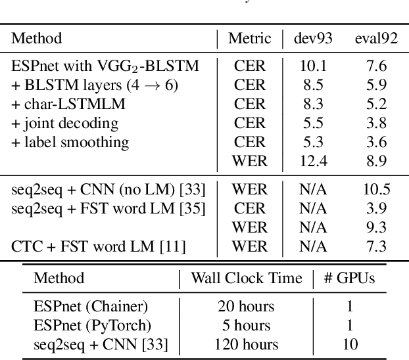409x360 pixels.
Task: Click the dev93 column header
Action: coord(312,39)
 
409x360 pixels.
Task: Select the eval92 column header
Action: coord(375,39)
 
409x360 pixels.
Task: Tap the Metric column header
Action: coord(249,39)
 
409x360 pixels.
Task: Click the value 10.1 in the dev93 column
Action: coord(312,66)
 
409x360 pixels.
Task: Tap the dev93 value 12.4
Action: coord(312,161)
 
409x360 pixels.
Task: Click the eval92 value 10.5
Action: coord(376,190)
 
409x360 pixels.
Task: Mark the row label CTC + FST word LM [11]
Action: coord(98,247)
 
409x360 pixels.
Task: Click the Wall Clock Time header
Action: coord(246,278)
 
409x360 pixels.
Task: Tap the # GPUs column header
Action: coord(349,278)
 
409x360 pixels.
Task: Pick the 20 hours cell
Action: coord(246,306)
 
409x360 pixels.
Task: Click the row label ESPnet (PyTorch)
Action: coord(93,325)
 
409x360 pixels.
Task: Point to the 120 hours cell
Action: coord(246,344)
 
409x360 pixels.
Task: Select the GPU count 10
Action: coord(349,344)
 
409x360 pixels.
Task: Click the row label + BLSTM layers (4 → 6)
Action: coord(95,85)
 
